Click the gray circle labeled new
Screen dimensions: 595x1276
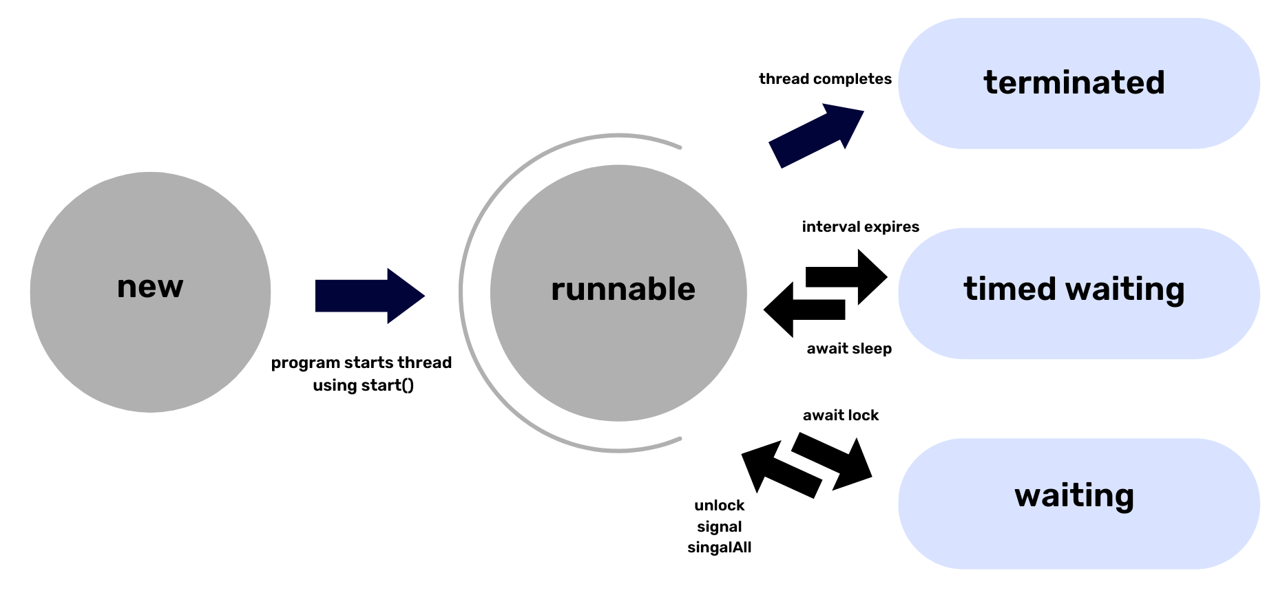150,292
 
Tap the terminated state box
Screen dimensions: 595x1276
1078,83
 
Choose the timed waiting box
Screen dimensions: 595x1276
1078,294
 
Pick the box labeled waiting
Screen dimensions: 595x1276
1078,504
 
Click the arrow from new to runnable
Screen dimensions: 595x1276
368,296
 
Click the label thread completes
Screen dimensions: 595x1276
825,79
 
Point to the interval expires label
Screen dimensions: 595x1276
860,227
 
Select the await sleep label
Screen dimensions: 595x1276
849,349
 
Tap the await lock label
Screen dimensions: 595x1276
841,415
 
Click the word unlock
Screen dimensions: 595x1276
720,506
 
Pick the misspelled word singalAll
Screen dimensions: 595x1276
720,548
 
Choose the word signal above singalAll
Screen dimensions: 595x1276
720,527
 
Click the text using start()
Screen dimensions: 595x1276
364,385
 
